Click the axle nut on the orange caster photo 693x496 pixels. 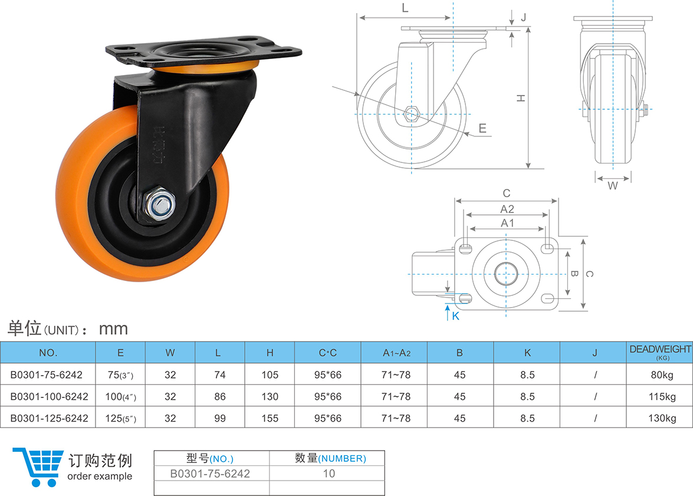(160, 204)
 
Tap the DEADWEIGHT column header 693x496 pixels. (660, 352)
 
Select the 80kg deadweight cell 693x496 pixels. (662, 375)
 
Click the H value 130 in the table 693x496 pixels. (270, 396)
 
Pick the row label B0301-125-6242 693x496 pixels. (49, 418)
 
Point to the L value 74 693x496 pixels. (219, 375)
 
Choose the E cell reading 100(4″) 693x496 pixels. (120, 396)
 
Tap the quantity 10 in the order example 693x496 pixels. (329, 474)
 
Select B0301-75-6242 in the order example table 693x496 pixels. (210, 474)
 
